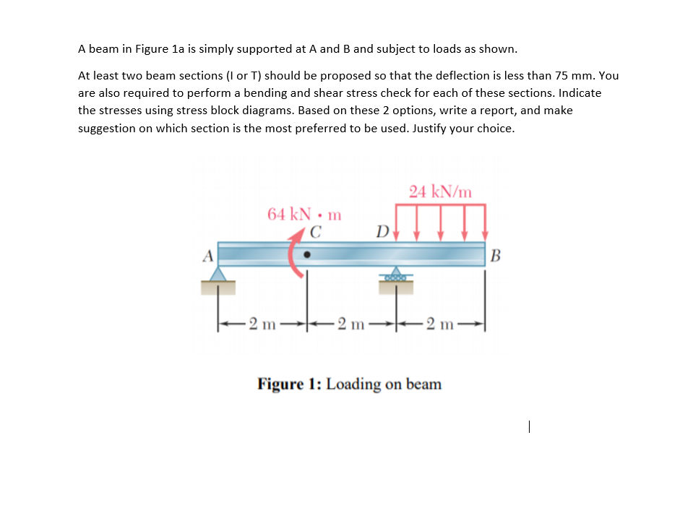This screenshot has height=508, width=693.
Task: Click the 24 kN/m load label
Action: tap(440, 191)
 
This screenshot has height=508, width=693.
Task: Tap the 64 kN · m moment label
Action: tap(304, 214)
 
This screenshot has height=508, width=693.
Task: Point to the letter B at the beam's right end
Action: tap(495, 255)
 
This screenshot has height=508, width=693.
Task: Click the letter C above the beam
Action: tap(315, 232)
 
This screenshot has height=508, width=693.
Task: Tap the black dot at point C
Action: tap(308, 255)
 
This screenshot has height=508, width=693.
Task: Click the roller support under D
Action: tap(395, 277)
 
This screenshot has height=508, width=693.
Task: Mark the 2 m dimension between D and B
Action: tap(441, 322)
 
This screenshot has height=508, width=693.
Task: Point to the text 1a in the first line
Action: tap(181, 49)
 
